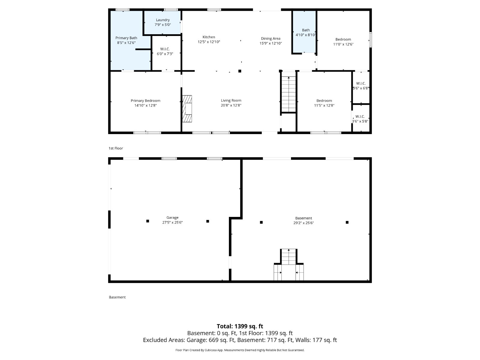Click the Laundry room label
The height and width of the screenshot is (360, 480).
[x=163, y=20]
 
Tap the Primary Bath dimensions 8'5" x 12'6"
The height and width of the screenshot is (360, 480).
[x=126, y=43]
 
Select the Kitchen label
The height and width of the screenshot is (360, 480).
[x=209, y=37]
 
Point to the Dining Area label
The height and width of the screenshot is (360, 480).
[x=271, y=39]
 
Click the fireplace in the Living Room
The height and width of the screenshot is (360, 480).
[x=187, y=109]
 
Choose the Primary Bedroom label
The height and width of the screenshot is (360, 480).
[x=145, y=100]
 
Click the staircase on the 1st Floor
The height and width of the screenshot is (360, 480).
[x=288, y=94]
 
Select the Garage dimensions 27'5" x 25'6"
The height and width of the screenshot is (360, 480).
[x=172, y=223]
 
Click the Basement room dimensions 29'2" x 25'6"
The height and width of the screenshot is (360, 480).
[x=304, y=223]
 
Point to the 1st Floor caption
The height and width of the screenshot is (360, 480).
[x=116, y=148]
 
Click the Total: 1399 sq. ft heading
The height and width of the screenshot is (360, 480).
[x=240, y=326]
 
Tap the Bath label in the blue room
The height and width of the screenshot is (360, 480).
[x=306, y=30]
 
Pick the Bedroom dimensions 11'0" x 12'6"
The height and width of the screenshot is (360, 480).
[x=343, y=44]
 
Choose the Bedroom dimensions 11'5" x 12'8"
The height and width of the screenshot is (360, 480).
[x=324, y=105]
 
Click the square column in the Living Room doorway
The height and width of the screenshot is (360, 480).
[x=240, y=71]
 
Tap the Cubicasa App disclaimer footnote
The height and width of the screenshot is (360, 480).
[x=240, y=350]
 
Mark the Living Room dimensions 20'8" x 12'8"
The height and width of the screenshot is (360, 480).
[x=231, y=105]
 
